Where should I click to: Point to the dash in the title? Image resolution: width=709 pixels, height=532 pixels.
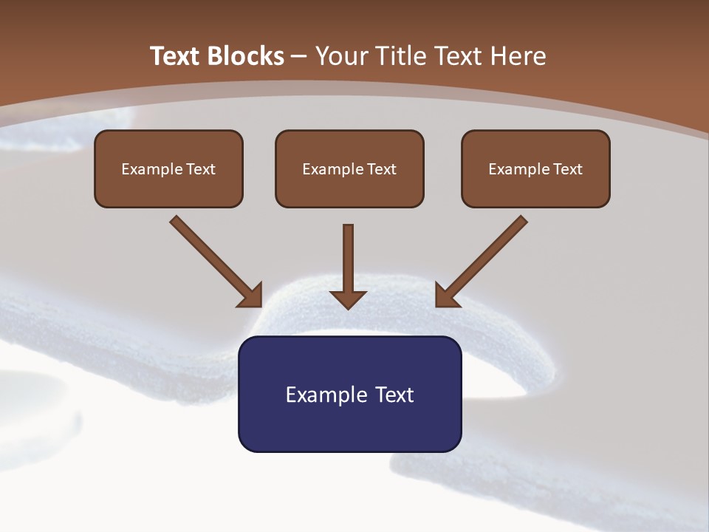299,57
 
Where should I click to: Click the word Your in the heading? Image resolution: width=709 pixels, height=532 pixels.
342,56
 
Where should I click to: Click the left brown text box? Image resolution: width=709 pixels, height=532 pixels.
168,168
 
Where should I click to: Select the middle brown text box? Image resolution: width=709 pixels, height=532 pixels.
349,168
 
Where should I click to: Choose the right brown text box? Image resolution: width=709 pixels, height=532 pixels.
535,168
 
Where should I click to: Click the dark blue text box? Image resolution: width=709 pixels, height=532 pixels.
349,394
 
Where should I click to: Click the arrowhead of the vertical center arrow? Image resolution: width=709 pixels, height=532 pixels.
348,299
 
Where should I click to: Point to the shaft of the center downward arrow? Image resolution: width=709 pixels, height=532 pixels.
348,255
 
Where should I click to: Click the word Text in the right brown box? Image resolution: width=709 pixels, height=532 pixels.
568,169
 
